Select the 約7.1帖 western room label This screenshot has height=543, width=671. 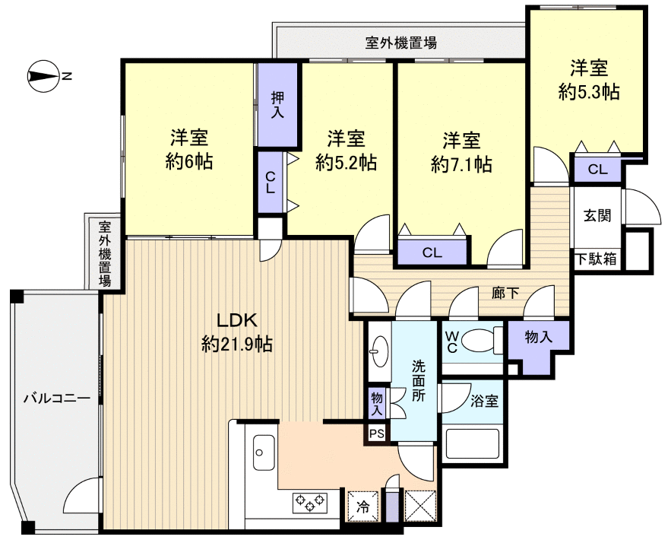461,151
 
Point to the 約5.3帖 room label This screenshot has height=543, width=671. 588,80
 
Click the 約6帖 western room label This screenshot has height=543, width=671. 189,150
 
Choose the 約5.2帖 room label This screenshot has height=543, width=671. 347,150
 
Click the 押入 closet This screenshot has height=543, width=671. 277,105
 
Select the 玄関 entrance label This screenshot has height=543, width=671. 597,215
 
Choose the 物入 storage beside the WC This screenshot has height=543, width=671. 539,337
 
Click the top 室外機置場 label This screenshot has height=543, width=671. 401,42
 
